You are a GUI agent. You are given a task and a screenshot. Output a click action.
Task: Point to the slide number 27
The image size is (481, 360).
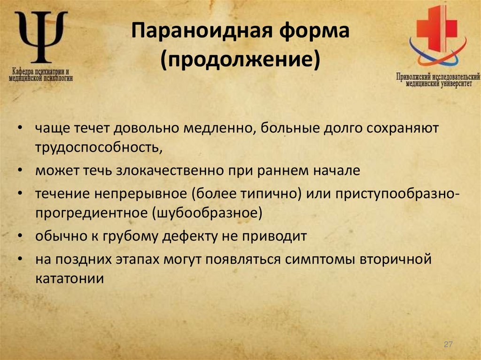pos(448,345)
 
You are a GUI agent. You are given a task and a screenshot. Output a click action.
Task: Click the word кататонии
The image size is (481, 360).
pos(69,278)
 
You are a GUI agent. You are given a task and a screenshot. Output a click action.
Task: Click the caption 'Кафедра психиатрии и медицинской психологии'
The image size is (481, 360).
pos(41,76)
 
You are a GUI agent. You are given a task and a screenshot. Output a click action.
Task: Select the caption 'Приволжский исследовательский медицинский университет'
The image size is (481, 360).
pos(437,80)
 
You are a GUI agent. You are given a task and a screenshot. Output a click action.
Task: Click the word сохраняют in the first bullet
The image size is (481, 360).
pos(403,128)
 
